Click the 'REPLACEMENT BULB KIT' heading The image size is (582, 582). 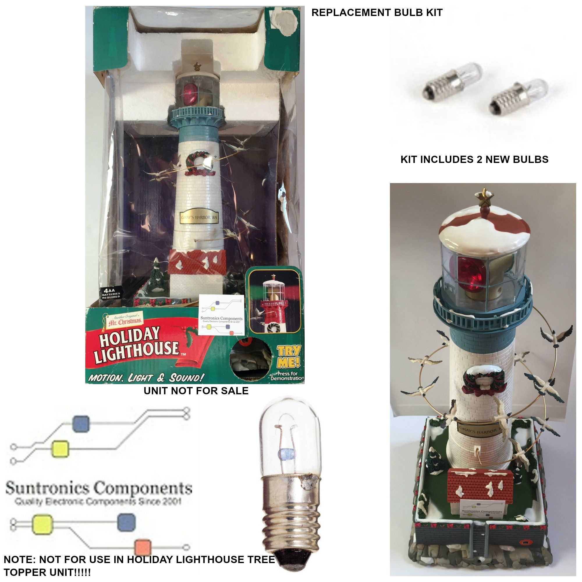pos(377,13)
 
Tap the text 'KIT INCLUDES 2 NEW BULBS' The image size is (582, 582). pos(474,159)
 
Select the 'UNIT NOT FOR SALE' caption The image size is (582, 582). pos(196,391)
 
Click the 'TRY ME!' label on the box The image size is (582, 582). pos(289,357)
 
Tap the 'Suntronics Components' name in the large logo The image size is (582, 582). pos(99,488)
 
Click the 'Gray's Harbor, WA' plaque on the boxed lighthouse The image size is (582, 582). pos(199,217)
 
